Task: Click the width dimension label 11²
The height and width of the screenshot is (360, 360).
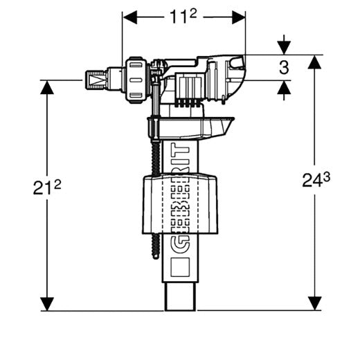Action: pyautogui.click(x=183, y=17)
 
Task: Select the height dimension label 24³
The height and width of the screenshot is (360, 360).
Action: pyautogui.click(x=316, y=180)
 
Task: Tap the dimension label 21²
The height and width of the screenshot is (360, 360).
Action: pyautogui.click(x=47, y=187)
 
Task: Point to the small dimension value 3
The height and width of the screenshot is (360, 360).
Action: pyautogui.click(x=284, y=68)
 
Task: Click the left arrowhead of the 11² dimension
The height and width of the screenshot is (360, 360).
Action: pyautogui.click(x=130, y=17)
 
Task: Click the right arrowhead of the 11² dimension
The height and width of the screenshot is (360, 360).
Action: pyautogui.click(x=238, y=17)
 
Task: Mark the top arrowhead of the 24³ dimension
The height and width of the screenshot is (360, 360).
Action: pyautogui.click(x=314, y=62)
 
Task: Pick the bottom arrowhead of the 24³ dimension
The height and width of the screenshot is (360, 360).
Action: pyautogui.click(x=314, y=303)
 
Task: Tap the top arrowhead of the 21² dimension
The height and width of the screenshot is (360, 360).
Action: pyautogui.click(x=47, y=87)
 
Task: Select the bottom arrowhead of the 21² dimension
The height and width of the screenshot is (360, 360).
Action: pyautogui.click(x=47, y=304)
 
